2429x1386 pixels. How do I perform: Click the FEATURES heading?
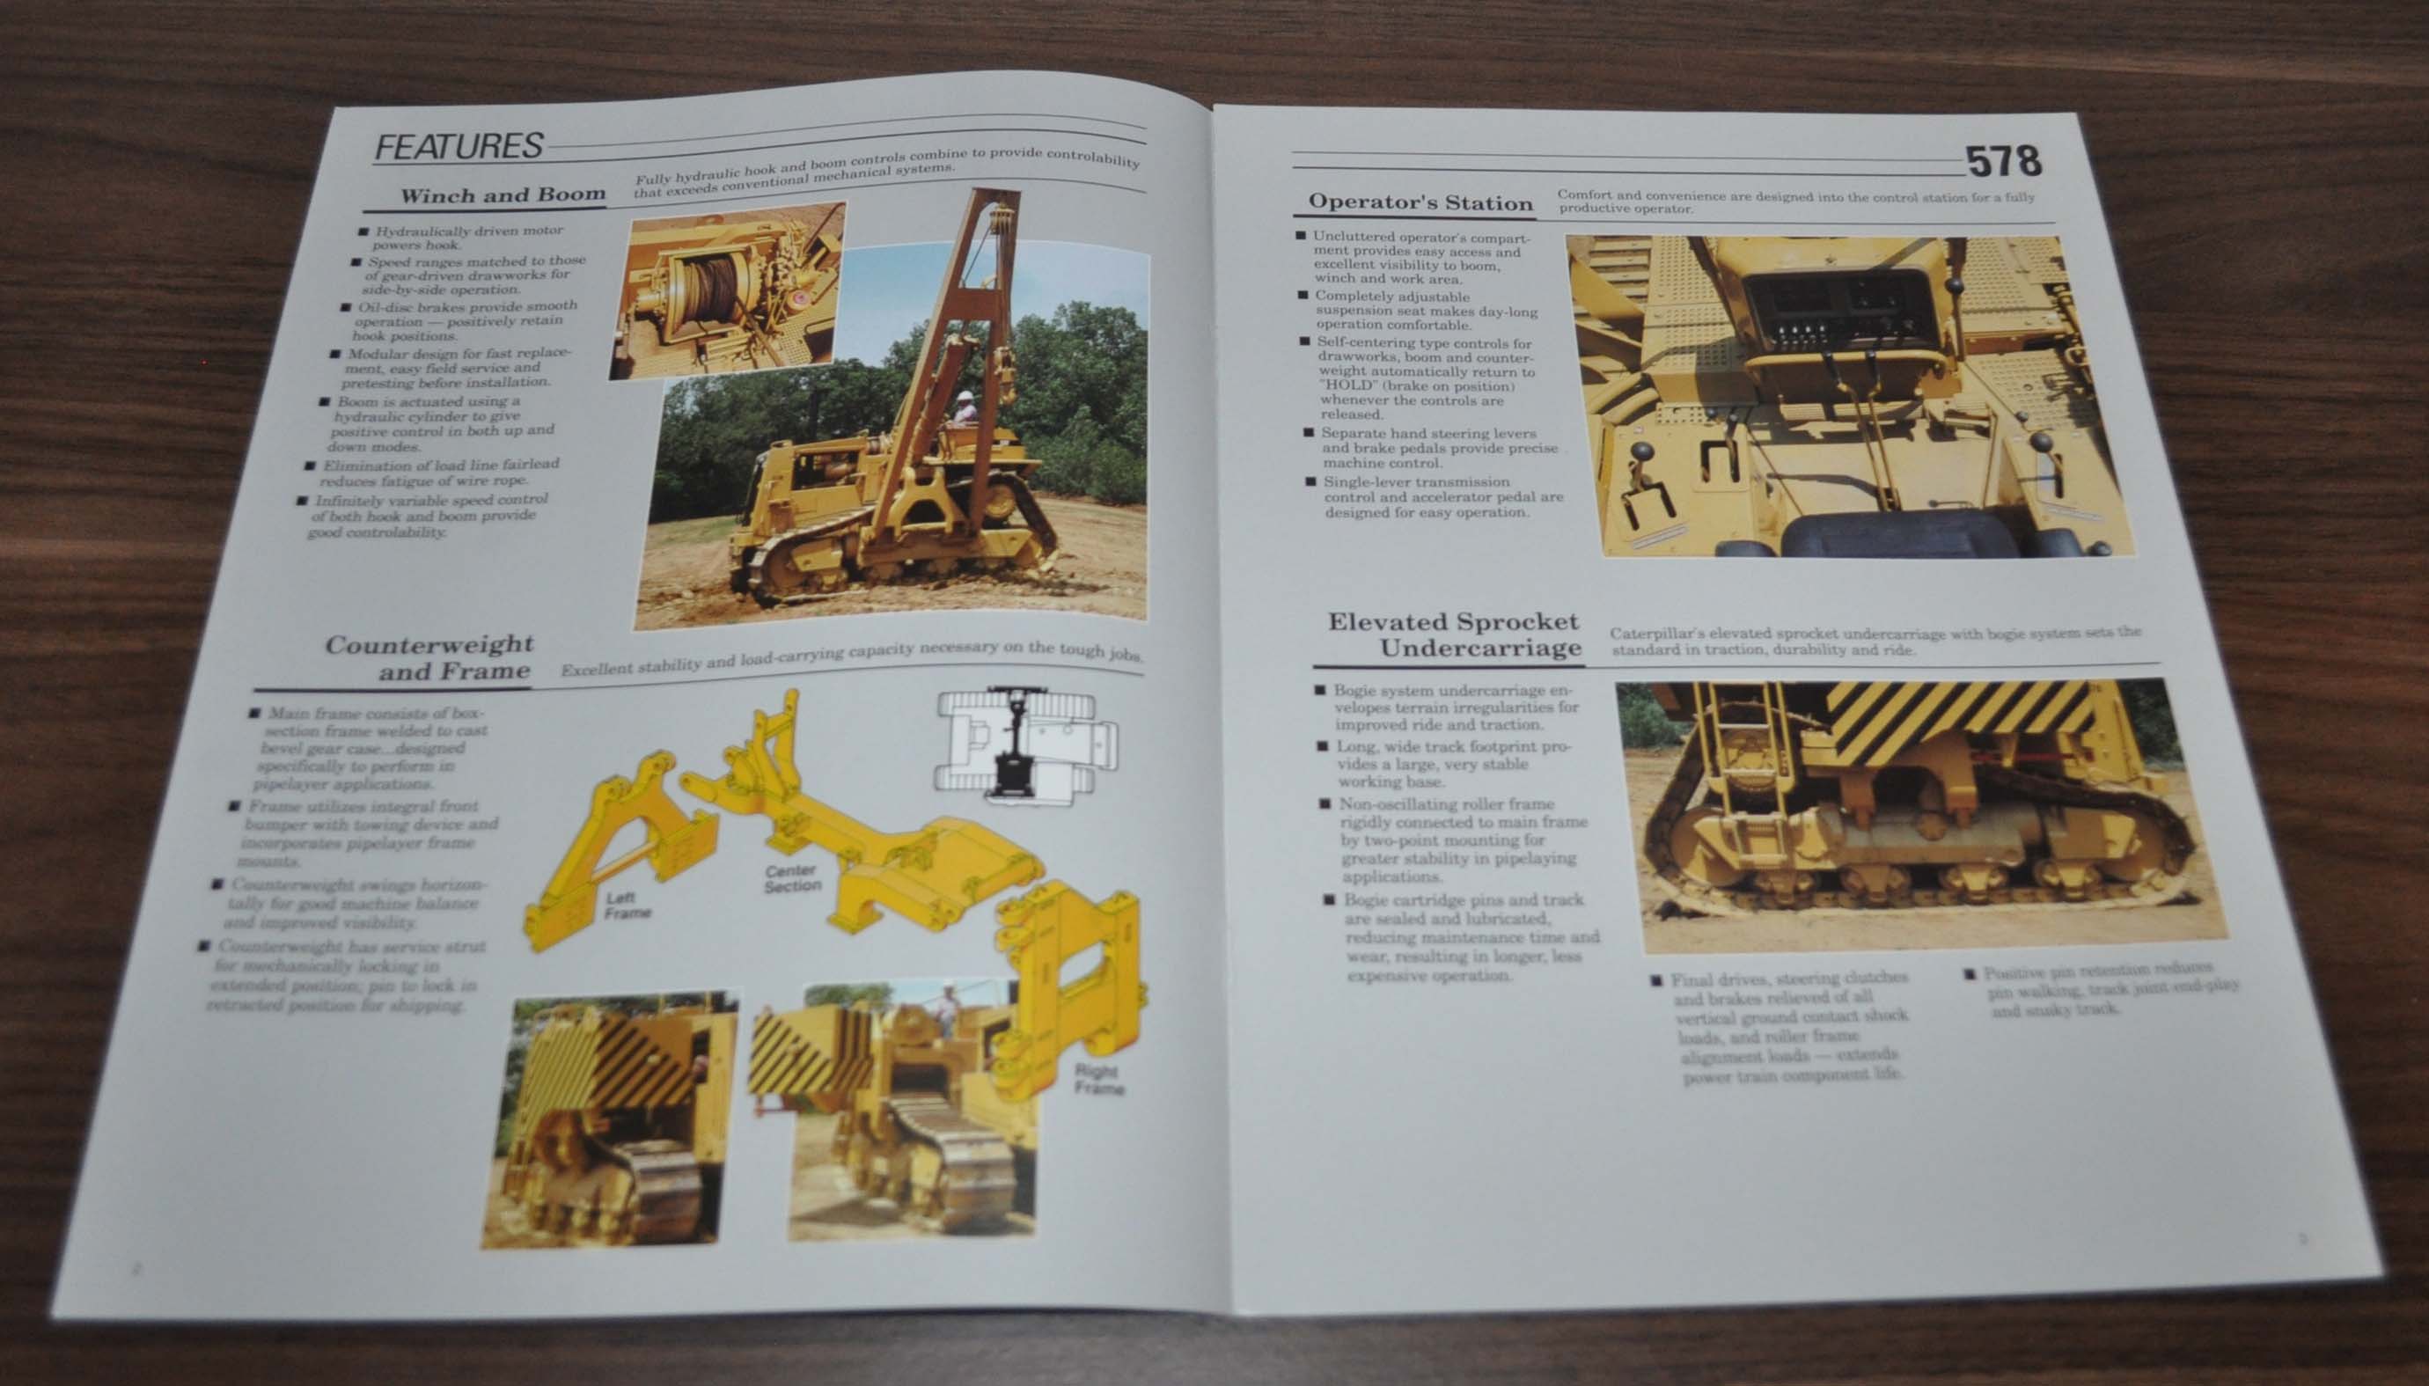pyautogui.click(x=458, y=147)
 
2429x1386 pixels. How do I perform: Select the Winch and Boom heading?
pyautogui.click(x=502, y=196)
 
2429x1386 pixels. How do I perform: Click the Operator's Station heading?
pyautogui.click(x=1420, y=202)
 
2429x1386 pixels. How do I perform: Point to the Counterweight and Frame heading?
pyautogui.click(x=429, y=657)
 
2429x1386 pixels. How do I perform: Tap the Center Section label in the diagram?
pyautogui.click(x=792, y=877)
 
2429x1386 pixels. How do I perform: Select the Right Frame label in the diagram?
pyautogui.click(x=1097, y=1079)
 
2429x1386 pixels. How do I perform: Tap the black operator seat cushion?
pyautogui.click(x=1899, y=535)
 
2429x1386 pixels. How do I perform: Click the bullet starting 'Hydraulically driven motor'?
pyautogui.click(x=466, y=238)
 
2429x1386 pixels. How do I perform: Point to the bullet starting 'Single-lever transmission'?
pyautogui.click(x=1437, y=497)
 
